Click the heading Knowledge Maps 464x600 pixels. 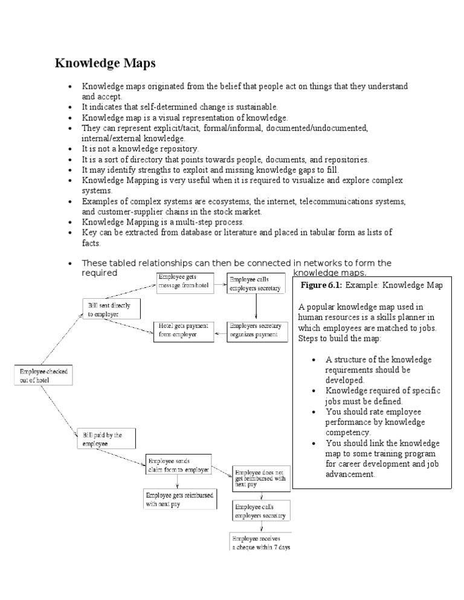point(105,63)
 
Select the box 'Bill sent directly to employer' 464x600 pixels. point(112,310)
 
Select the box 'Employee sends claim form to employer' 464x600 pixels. point(179,464)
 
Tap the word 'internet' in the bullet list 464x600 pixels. point(295,200)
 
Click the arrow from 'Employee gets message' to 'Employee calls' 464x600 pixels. point(220,282)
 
